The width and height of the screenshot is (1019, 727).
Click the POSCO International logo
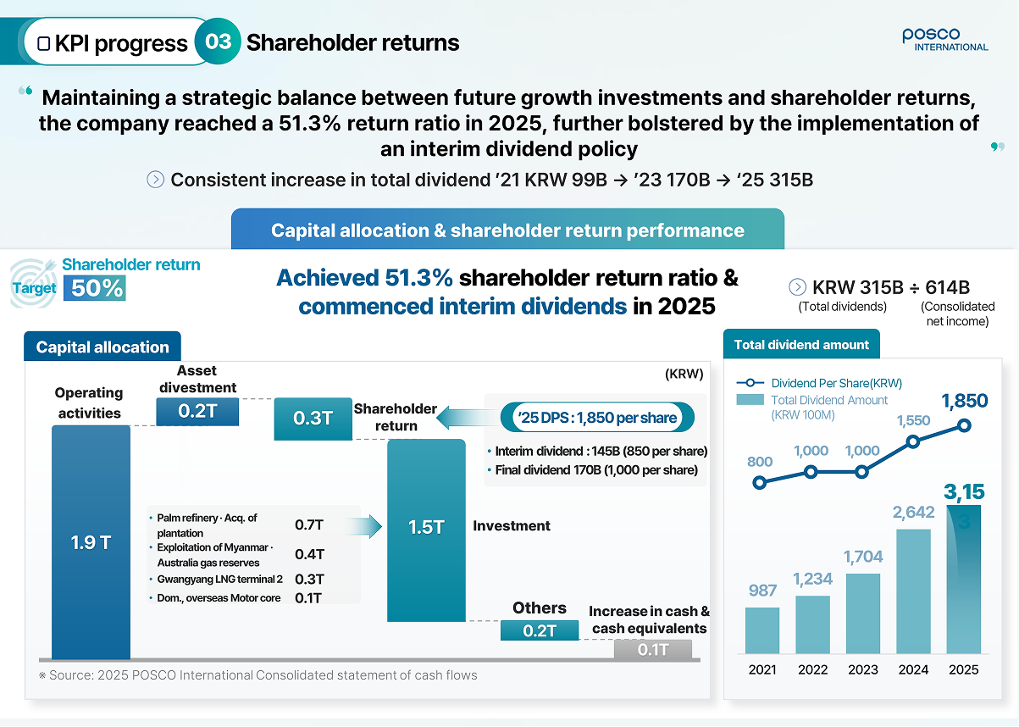click(944, 40)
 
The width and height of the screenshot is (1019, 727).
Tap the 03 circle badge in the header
click(218, 42)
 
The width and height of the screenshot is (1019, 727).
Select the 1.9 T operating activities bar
click(91, 541)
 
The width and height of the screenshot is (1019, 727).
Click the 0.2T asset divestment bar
click(197, 412)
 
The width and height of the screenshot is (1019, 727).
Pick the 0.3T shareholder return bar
click(313, 419)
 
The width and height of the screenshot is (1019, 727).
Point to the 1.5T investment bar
click(426, 530)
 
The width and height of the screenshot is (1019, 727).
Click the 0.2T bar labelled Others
click(540, 630)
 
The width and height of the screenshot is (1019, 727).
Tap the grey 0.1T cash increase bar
click(653, 649)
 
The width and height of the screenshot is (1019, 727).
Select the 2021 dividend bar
click(762, 630)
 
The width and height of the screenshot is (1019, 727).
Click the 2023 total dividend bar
click(863, 613)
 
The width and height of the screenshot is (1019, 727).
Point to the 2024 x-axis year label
click(913, 669)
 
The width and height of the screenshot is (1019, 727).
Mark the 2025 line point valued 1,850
click(964, 426)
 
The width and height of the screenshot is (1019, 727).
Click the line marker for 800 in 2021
click(759, 483)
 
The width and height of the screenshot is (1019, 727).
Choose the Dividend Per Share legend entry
click(819, 383)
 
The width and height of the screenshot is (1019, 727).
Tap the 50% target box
click(95, 288)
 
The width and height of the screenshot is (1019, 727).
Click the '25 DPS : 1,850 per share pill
click(597, 417)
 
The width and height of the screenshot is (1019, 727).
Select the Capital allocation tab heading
click(102, 347)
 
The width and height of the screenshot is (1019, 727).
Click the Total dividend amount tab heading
click(801, 344)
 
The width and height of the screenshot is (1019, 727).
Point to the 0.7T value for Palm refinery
click(309, 524)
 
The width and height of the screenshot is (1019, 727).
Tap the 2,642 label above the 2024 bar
click(913, 513)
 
